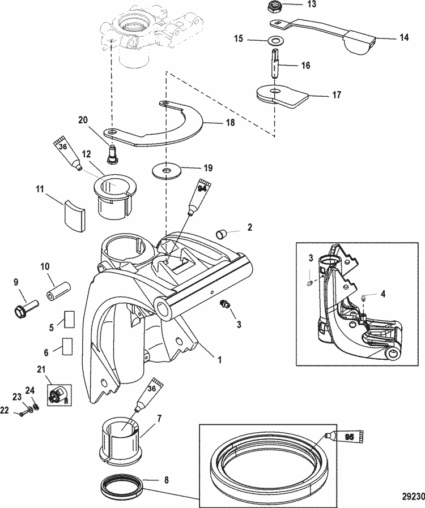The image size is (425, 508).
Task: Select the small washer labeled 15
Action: (275, 41)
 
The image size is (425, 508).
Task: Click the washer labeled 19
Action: (167, 170)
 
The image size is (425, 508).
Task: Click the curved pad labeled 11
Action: (74, 216)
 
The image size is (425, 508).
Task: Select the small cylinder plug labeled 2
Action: (221, 234)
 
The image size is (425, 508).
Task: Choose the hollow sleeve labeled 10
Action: (59, 291)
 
